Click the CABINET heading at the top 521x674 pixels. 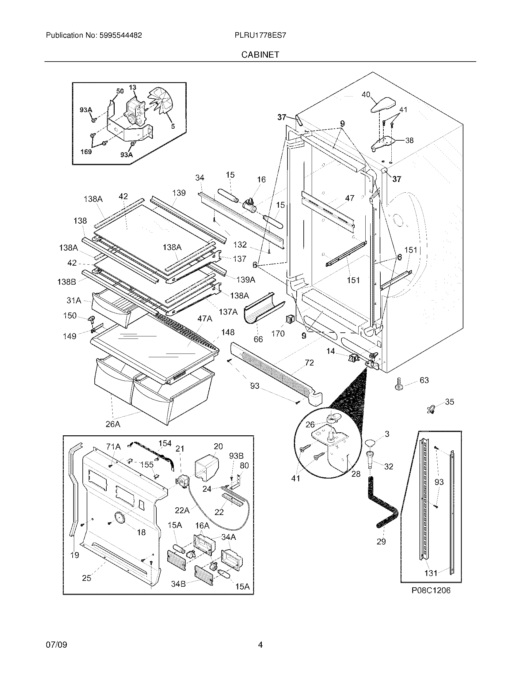[x=260, y=55]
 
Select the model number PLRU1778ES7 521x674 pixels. [x=260, y=35]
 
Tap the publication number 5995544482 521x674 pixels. [x=121, y=35]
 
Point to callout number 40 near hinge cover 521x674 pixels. [x=366, y=94]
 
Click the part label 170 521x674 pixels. [x=277, y=333]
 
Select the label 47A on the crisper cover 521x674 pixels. [x=205, y=319]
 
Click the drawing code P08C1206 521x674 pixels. [x=431, y=590]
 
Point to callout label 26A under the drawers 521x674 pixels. [x=113, y=424]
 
